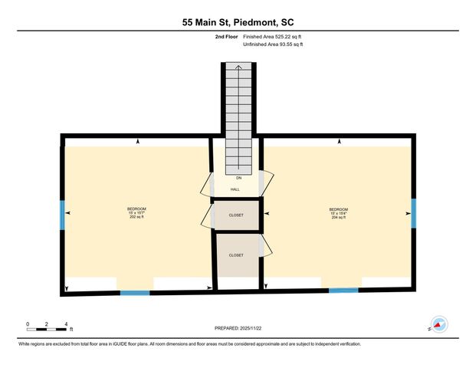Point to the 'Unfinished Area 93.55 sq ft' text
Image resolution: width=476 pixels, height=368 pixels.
click(273, 44)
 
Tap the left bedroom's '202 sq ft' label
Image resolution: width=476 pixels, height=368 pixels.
click(136, 218)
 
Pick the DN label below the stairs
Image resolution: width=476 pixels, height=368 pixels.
click(238, 178)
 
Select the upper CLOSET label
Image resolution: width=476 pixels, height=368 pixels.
click(236, 215)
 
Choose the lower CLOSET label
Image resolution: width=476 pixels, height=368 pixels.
click(236, 255)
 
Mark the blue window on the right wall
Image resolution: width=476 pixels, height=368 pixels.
click(412, 213)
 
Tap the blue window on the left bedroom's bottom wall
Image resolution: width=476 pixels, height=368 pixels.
click(135, 292)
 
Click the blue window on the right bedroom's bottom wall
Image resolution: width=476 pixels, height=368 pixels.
click(343, 291)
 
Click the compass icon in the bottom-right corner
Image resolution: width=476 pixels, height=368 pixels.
click(439, 325)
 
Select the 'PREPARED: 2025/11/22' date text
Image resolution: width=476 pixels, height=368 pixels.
click(238, 327)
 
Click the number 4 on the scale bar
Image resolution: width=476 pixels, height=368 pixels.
click(67, 324)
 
